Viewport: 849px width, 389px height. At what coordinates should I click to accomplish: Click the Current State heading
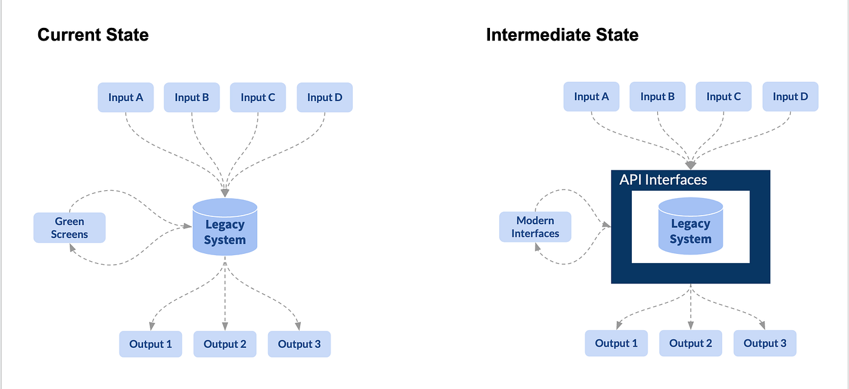coord(93,35)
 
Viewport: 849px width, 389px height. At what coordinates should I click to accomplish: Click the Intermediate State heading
coord(562,35)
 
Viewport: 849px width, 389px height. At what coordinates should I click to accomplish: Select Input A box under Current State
coord(126,98)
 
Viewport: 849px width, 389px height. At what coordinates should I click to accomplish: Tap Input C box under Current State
coord(258,98)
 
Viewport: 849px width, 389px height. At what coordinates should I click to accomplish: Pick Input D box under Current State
coord(324,98)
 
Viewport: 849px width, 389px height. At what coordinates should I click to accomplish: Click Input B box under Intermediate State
coord(657,97)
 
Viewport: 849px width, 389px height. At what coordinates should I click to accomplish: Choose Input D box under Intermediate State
coord(790,97)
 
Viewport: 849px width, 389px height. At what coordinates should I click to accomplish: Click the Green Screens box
coord(69,227)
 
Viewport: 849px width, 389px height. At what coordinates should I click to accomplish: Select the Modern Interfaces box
coord(535,227)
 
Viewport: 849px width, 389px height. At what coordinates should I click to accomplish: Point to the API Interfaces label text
coord(663,180)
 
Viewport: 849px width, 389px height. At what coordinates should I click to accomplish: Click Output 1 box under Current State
coord(150,344)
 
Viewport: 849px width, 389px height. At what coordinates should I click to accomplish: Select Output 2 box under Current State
coord(224,344)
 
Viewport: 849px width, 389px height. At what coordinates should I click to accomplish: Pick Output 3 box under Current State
coord(299,344)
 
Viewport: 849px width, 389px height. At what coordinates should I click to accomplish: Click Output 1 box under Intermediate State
coord(616,344)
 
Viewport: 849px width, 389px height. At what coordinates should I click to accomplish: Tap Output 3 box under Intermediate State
coord(765,344)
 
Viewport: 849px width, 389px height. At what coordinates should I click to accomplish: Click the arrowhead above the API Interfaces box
coord(690,165)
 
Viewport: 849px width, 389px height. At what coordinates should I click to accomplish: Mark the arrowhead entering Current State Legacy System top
coord(225,193)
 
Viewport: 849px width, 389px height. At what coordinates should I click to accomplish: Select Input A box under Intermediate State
coord(591,97)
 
